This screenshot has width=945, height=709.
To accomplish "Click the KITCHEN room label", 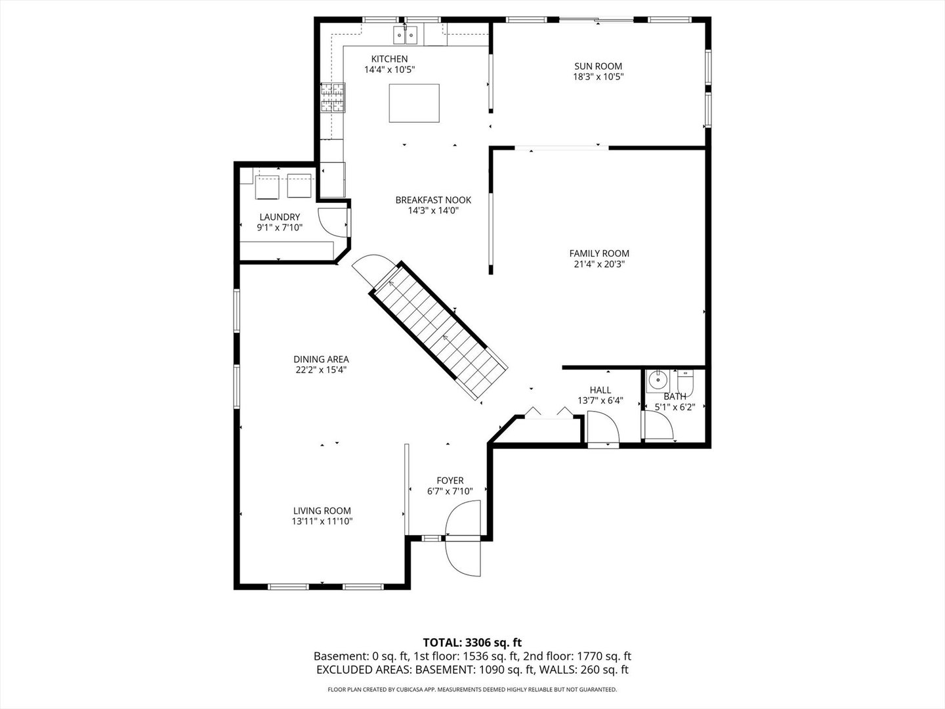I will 389,59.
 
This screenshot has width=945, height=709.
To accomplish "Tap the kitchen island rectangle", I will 414,103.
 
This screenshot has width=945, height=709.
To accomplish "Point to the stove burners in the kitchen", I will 333,97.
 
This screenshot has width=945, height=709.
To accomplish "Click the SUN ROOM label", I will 598,66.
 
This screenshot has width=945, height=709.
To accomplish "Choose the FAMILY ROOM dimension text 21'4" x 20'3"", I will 598,265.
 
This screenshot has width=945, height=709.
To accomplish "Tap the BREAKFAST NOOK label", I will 432,200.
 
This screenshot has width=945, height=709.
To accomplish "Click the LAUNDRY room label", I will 280,217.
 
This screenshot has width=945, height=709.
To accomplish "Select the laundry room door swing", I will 331,221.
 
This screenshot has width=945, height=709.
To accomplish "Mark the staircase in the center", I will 438,332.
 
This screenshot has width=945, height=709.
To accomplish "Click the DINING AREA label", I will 321,359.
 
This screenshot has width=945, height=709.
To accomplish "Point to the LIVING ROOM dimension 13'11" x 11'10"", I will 322,521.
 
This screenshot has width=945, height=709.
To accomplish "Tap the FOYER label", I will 450,481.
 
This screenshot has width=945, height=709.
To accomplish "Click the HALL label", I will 600,390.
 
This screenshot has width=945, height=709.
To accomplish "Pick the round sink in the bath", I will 656,380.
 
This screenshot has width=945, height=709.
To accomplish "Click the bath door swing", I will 658,427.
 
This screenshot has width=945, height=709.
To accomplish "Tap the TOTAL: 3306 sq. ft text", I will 472,642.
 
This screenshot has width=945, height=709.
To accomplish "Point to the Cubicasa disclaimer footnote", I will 472,689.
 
